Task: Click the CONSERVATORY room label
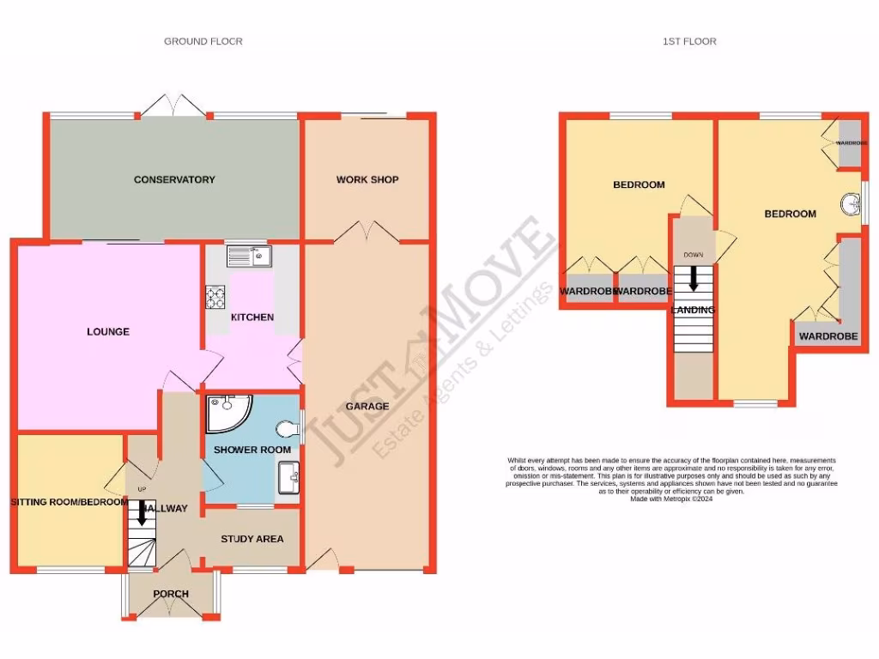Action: (x=174, y=180)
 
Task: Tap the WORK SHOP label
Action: (x=367, y=180)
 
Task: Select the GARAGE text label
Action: (x=367, y=407)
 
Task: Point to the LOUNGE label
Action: (x=108, y=331)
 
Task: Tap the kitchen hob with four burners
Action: (x=214, y=297)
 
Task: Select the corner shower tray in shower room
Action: (x=222, y=414)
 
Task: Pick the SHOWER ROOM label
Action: (x=252, y=450)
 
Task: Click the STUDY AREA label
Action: (x=252, y=539)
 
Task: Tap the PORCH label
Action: (x=171, y=594)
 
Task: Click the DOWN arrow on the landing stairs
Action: (x=693, y=280)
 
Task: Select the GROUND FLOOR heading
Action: (x=203, y=41)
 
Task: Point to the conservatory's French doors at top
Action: (x=173, y=106)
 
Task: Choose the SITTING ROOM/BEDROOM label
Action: (x=69, y=502)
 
